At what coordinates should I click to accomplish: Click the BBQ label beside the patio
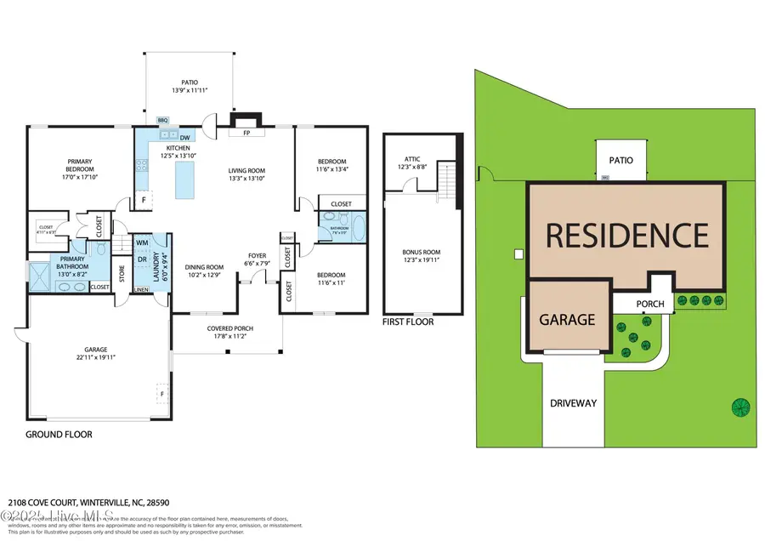(x=164, y=121)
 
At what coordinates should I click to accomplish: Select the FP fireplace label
(x=246, y=134)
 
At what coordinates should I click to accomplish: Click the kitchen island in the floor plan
(x=180, y=179)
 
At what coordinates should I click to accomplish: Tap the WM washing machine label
(x=142, y=243)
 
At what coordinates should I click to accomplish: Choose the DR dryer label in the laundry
(x=142, y=259)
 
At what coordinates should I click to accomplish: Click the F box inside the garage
(x=161, y=394)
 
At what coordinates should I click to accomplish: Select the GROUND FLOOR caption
(x=59, y=434)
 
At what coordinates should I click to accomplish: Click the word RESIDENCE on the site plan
(x=626, y=235)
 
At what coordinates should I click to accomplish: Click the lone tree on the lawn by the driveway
(x=741, y=407)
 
